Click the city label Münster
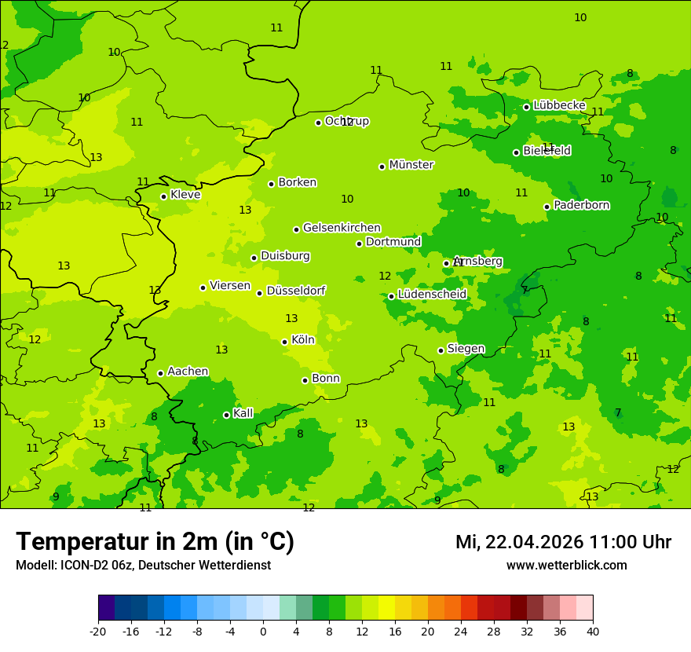tap(411, 165)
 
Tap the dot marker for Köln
tap(284, 342)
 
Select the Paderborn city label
tap(581, 206)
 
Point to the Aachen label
tap(188, 372)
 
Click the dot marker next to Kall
tap(226, 415)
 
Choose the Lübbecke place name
tap(559, 105)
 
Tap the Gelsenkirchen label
tap(342, 228)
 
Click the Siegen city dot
tap(441, 350)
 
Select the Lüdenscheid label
tap(432, 295)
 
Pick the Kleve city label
tap(185, 195)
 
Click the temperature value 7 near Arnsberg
tap(525, 290)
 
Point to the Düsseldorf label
tap(295, 291)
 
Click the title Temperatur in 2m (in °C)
tap(155, 542)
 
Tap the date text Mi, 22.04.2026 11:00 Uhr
tap(563, 542)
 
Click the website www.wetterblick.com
tap(566, 566)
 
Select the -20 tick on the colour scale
tap(98, 631)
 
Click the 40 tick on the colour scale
tap(593, 631)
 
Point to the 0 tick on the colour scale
tap(263, 631)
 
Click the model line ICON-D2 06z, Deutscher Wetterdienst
tap(143, 566)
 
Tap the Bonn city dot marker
tap(305, 380)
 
